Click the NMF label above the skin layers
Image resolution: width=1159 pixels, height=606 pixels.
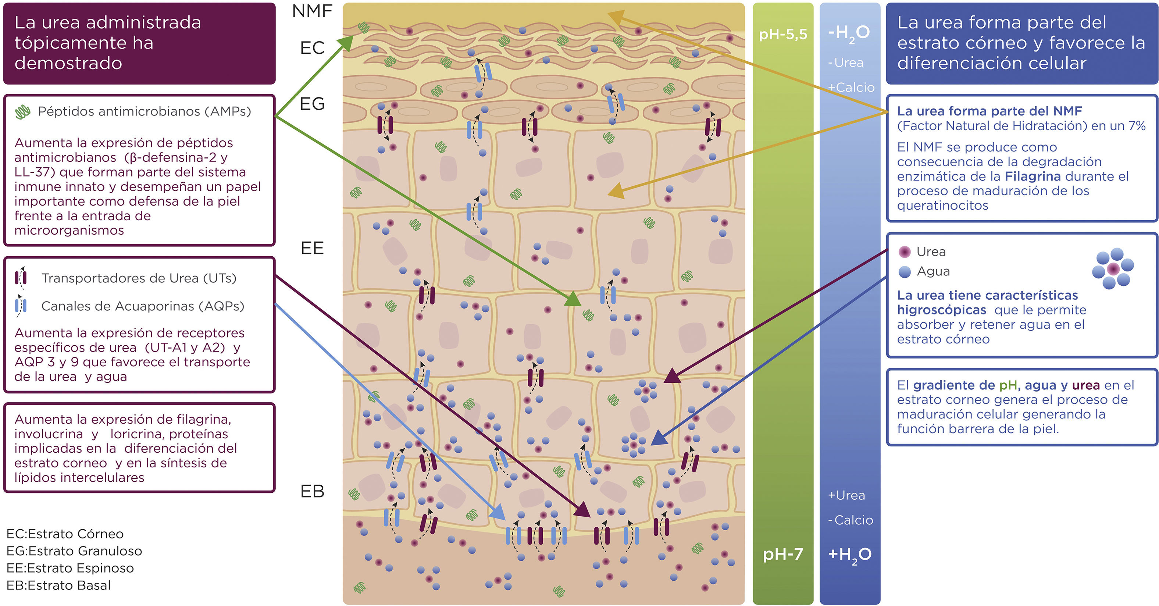[x=312, y=11]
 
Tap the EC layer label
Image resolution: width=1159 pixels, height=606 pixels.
[x=312, y=48]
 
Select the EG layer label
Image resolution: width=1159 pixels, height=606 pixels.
[x=312, y=104]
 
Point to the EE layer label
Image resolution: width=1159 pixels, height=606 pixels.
[x=312, y=248]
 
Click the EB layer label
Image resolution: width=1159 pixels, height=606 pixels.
[x=312, y=491]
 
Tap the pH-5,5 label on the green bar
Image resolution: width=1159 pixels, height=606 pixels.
[x=783, y=34]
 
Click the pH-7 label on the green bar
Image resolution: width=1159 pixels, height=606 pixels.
[x=783, y=554]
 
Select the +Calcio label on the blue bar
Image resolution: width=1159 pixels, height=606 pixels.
[x=851, y=87]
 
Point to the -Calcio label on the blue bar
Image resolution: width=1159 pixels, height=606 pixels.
[x=850, y=520]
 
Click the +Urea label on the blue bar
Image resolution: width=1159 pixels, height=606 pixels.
[x=846, y=495]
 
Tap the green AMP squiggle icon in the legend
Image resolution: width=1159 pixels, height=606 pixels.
[x=22, y=111]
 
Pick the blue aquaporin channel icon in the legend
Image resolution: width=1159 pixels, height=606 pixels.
[x=21, y=306]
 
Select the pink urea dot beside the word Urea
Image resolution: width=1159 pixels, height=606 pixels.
[x=904, y=252]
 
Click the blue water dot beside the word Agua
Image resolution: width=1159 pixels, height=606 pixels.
[x=904, y=272]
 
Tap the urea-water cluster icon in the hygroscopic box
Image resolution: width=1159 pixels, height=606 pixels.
[x=1113, y=268]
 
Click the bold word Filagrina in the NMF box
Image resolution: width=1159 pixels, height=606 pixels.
[x=1033, y=177]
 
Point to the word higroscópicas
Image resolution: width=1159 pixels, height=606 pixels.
[x=941, y=310]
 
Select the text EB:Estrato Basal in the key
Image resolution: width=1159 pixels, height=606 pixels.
[x=58, y=585]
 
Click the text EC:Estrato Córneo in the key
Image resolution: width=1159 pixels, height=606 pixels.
[x=65, y=534]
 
